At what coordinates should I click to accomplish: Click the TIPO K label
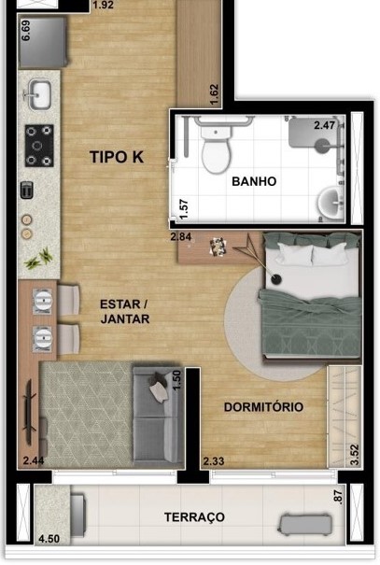pyautogui.click(x=116, y=157)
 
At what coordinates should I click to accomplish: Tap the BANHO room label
pyautogui.click(x=254, y=181)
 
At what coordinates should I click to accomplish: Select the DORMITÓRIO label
pyautogui.click(x=262, y=407)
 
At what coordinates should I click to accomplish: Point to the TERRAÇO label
pyautogui.click(x=194, y=516)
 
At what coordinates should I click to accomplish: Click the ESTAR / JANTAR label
pyautogui.click(x=124, y=311)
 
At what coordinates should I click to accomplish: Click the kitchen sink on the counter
pyautogui.click(x=40, y=94)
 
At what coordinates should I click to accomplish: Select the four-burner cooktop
pyautogui.click(x=39, y=144)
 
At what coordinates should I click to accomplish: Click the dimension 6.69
pyautogui.click(x=26, y=31)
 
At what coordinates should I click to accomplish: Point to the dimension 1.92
pyautogui.click(x=104, y=5)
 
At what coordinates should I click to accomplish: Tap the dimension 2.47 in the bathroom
pyautogui.click(x=324, y=124)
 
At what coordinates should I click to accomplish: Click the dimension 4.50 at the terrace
pyautogui.click(x=49, y=539)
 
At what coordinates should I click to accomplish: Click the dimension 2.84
pyautogui.click(x=181, y=237)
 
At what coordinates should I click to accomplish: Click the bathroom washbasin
pyautogui.click(x=331, y=202)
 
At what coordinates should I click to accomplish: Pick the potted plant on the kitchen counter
pyautogui.click(x=42, y=257)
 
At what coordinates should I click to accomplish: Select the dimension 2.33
pyautogui.click(x=213, y=460)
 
